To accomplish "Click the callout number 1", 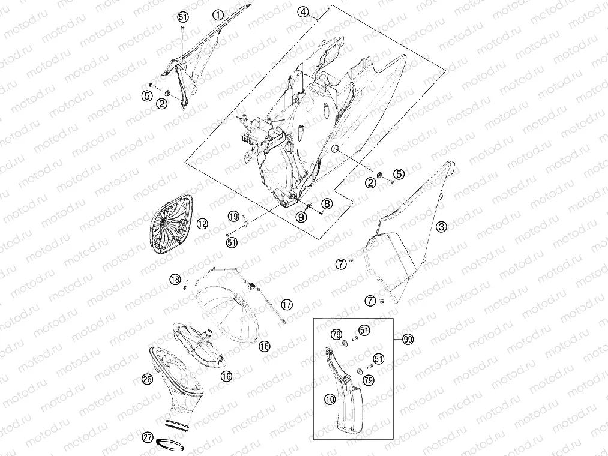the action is pos(218,15).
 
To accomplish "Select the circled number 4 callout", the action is pos(303,12).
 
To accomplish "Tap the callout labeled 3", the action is pos(442,227).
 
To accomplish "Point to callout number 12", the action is pos(202,224).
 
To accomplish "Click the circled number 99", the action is pos(408,340).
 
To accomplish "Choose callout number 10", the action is pos(330,400).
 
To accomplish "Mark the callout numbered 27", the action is pos(148,437).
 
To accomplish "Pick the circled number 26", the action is pos(147,379).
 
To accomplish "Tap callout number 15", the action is pos(265,346).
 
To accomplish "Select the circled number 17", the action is pos(286,304).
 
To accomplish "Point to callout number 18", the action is pos(175,279).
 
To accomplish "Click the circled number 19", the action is pos(233,217).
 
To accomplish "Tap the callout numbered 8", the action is pos(327,203).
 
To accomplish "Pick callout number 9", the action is pos(301,217).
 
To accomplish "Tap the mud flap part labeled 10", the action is pos(345,392).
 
